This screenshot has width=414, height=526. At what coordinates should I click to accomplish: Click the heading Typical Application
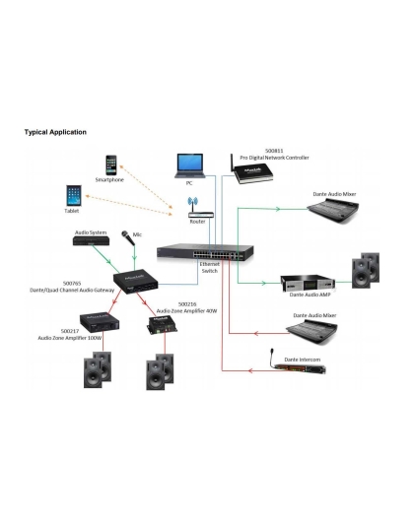tap(56, 131)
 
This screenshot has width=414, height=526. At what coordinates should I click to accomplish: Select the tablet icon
tap(73, 193)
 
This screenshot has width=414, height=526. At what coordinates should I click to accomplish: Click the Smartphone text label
tap(109, 181)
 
